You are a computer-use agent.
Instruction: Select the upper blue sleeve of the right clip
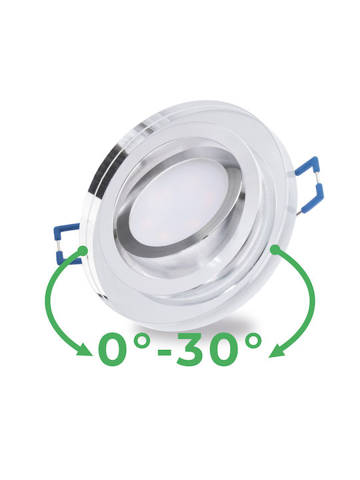click(307, 166)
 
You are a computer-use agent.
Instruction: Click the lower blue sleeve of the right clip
click(313, 198)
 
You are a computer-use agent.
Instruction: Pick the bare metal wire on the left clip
click(57, 246)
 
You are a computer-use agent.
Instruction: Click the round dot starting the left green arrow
click(83, 251)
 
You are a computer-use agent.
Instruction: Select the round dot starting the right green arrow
click(275, 250)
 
